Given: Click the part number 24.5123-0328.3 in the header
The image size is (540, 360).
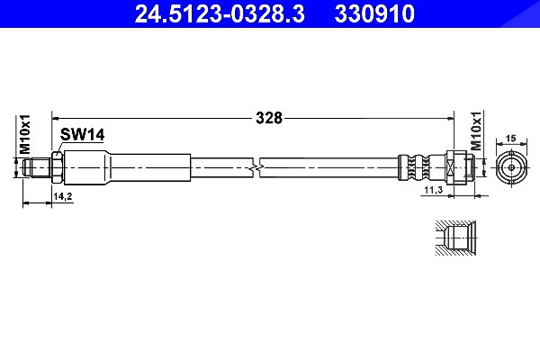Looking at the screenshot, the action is coord(220,14).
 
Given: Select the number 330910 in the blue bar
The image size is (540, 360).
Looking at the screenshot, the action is coord(374,14).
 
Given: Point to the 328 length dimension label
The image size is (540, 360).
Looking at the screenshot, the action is coord(269,118).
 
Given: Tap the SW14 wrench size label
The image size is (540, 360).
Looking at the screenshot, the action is coord(82,134).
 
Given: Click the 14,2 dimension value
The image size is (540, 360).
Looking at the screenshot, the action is coord(63,196).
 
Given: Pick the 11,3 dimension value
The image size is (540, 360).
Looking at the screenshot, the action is coord(433,190).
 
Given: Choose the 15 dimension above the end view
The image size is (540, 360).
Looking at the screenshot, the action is coord(511,138).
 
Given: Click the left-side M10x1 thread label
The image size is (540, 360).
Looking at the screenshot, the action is coord(25,134).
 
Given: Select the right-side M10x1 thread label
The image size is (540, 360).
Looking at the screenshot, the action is coord(476,130).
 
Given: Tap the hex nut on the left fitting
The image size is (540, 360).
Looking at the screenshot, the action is coord(57,167).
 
